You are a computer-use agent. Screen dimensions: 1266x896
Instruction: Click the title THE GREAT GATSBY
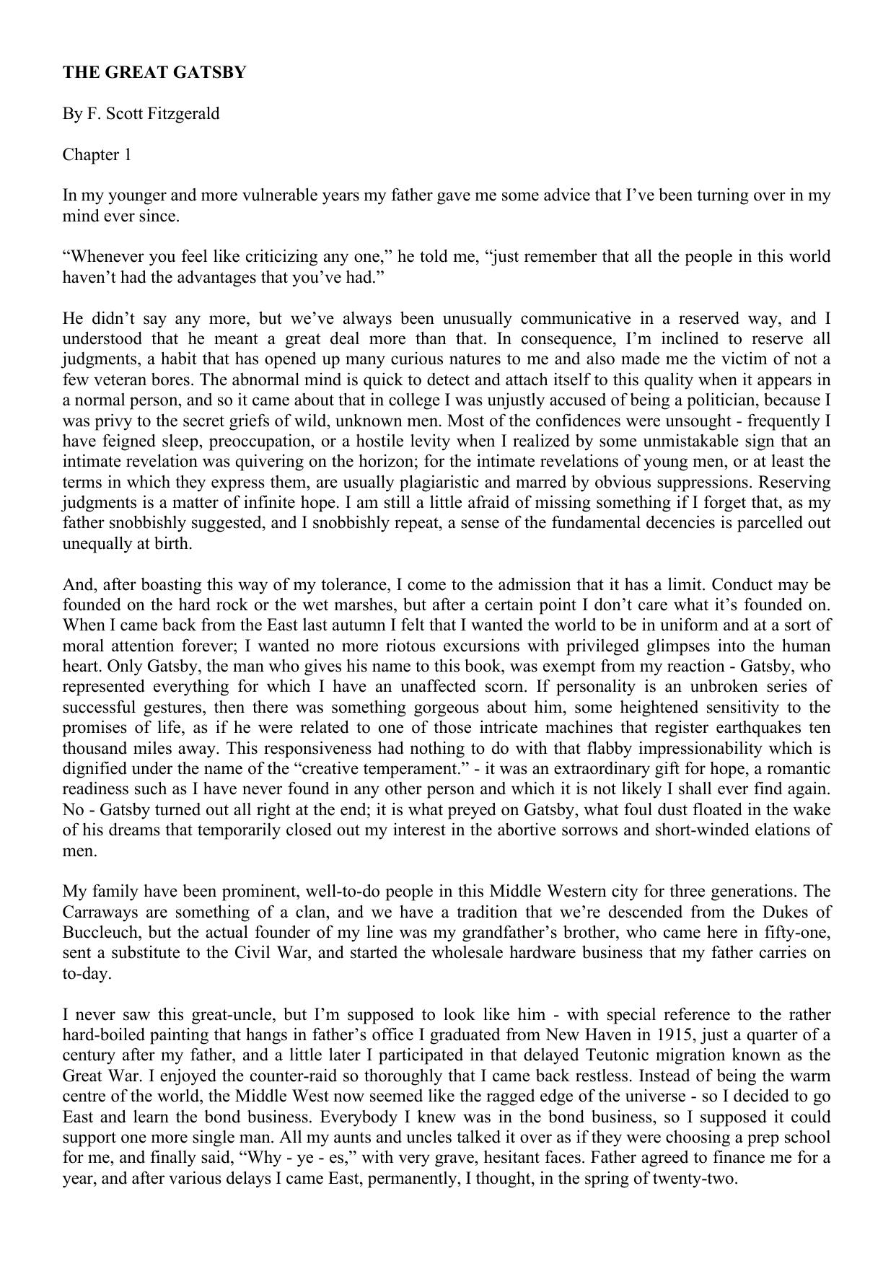154,73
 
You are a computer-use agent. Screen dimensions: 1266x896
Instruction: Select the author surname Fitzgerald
183,114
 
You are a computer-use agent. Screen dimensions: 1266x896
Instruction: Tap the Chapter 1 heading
97,155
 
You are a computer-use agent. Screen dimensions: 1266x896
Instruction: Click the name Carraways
96,912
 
